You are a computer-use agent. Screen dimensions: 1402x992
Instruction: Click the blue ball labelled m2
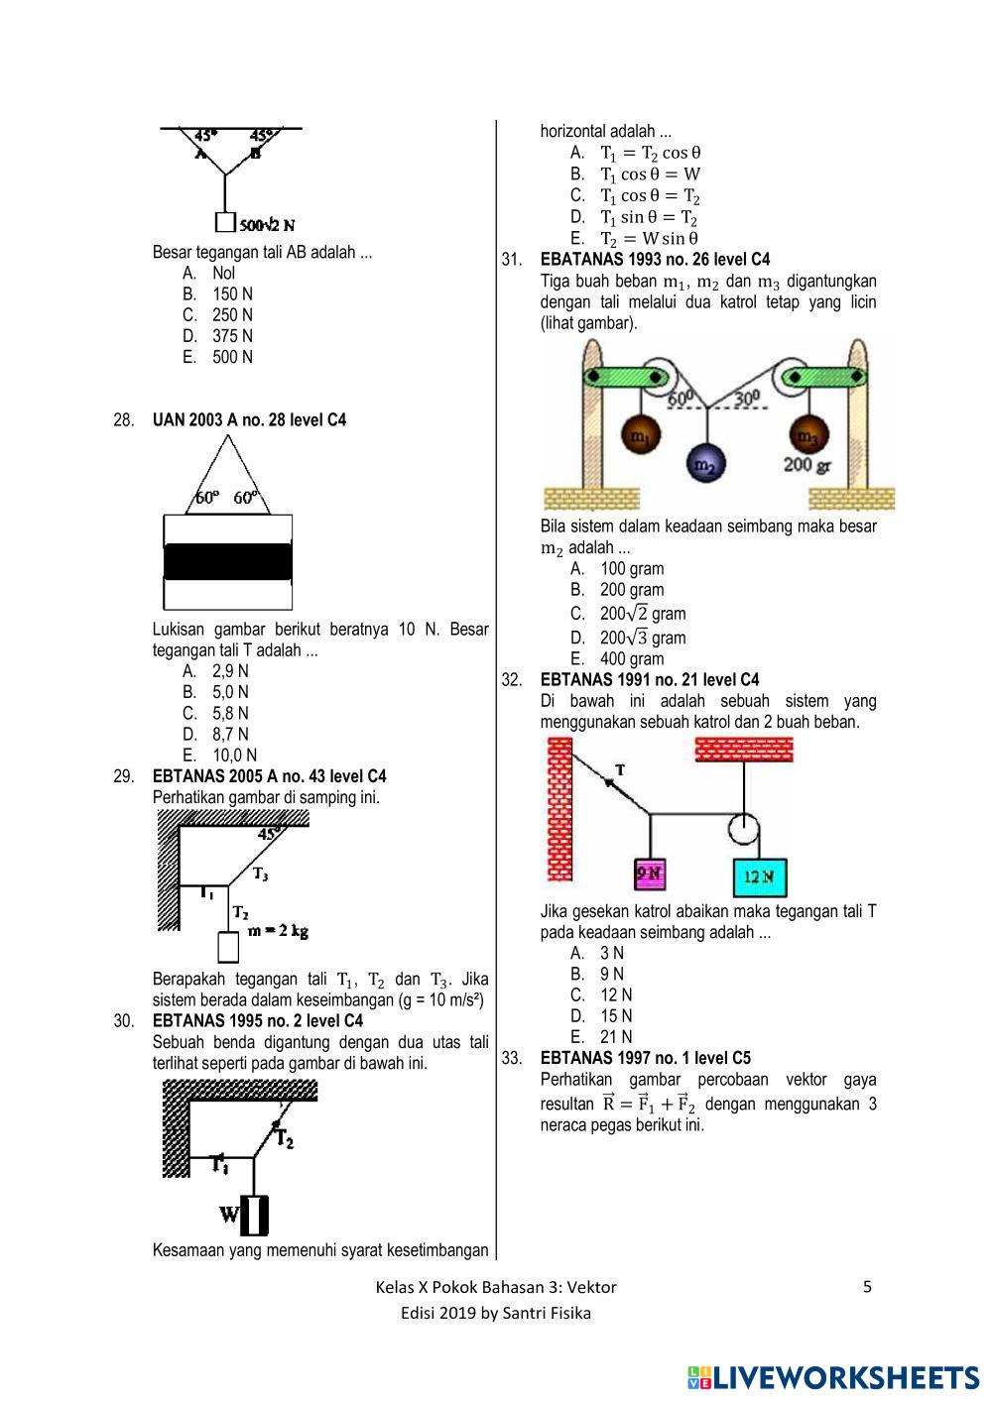pos(705,464)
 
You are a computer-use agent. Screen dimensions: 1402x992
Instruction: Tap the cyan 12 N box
pos(760,876)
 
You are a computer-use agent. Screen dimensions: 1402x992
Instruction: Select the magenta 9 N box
pos(650,874)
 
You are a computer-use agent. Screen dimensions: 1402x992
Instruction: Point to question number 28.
pos(124,420)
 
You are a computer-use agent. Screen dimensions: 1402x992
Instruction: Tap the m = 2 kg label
pos(279,931)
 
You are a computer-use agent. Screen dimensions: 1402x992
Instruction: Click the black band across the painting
pos(228,561)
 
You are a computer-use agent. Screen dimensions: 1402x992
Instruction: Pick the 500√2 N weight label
pos(268,224)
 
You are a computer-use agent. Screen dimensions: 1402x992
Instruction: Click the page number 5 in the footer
pos(868,1287)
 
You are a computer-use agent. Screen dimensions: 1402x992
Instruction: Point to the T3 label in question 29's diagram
pos(260,874)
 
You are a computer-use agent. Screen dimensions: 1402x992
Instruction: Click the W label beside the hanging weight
pos(229,1213)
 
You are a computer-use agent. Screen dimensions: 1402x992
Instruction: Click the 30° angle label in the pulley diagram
pos(748,399)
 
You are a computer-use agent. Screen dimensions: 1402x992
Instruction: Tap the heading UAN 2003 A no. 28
pos(249,420)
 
